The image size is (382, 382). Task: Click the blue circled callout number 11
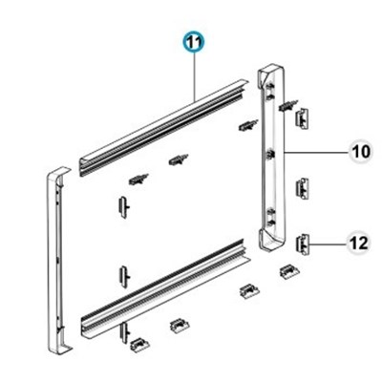click(x=195, y=43)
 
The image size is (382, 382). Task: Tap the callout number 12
click(x=358, y=244)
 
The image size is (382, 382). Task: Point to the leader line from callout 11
click(x=195, y=76)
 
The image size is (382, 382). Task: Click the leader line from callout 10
click(x=316, y=153)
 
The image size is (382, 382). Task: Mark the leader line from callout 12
click(x=328, y=244)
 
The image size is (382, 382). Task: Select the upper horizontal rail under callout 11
click(x=163, y=128)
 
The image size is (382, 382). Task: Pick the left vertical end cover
click(x=58, y=260)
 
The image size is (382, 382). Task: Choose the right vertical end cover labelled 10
click(x=272, y=159)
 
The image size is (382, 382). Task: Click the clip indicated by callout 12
click(x=303, y=244)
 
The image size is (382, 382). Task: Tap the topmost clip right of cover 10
click(x=303, y=118)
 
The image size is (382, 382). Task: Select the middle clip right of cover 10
click(x=303, y=188)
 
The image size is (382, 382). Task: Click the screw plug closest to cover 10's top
click(x=288, y=105)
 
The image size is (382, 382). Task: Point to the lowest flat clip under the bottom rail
click(x=139, y=345)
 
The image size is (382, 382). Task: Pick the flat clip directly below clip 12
click(x=289, y=271)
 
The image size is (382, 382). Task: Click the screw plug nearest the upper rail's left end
click(x=138, y=180)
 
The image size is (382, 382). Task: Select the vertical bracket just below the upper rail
click(x=124, y=207)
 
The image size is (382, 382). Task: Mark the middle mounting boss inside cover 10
click(x=270, y=155)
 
